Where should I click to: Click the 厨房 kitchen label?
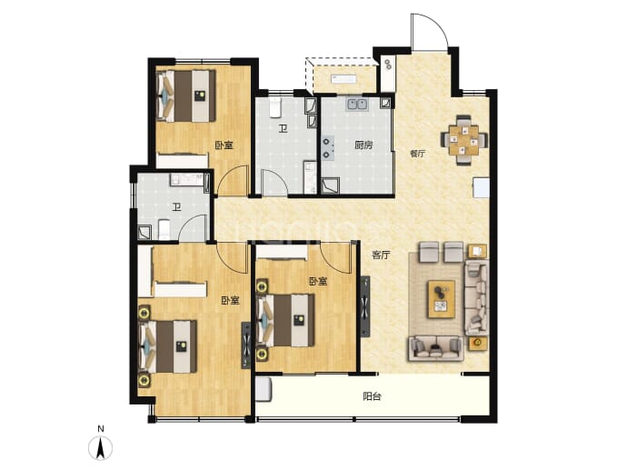[363, 145]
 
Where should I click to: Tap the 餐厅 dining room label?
[417, 154]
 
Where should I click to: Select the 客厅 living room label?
[381, 255]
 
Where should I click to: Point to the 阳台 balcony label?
[372, 396]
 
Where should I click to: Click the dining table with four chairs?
[463, 140]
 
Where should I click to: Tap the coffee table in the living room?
[442, 299]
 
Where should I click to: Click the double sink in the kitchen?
[357, 104]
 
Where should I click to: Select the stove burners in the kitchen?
[328, 148]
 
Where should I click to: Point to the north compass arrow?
[101, 448]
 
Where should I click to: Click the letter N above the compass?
[101, 429]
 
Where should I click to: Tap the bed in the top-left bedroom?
[186, 96]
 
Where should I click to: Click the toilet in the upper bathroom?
[275, 107]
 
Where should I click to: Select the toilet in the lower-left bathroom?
[164, 229]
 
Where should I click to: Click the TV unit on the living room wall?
[365, 306]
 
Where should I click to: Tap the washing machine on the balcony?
[264, 389]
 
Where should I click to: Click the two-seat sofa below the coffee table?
[436, 349]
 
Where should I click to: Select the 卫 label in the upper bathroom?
[284, 129]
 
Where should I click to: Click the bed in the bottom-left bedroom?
[168, 346]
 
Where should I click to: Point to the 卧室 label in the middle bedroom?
[318, 282]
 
